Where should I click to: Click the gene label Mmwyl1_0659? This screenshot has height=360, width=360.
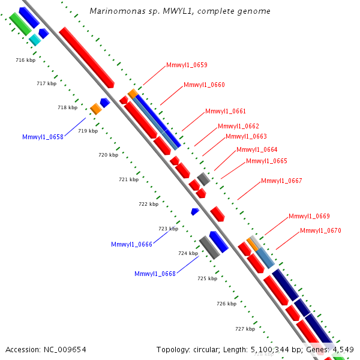[x=187, y=65]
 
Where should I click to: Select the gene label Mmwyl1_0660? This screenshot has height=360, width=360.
[x=204, y=85]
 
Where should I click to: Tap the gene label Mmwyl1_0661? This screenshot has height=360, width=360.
[x=226, y=111]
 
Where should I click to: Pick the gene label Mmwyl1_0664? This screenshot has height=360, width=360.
[x=257, y=149]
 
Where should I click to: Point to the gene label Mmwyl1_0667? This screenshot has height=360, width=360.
[x=281, y=181]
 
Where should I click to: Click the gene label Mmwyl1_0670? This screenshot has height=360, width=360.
[x=320, y=230]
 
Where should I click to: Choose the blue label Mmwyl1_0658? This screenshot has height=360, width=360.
[x=43, y=137]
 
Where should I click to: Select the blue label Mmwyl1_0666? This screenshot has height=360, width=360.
[x=131, y=244]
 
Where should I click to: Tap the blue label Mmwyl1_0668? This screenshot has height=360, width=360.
[x=155, y=274]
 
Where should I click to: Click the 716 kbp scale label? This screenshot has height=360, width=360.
[x=25, y=61]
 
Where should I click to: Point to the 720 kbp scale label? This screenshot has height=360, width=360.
[x=108, y=155]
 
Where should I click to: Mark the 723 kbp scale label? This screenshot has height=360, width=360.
[x=168, y=229]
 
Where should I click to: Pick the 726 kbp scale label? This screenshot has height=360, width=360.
[x=226, y=304]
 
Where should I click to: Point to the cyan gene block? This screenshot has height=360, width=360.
[x=35, y=40]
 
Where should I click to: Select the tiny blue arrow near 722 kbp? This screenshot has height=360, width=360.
[x=194, y=211]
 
